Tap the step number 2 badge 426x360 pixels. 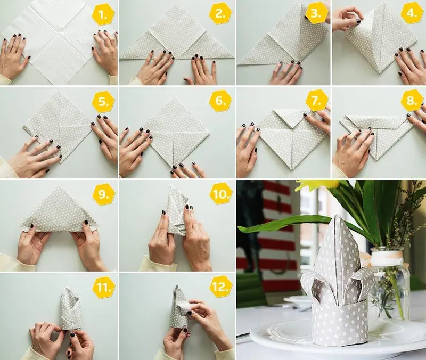[220, 13]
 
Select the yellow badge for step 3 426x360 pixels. [316, 13]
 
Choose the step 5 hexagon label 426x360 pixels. [103, 102]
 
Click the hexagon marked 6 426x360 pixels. [220, 101]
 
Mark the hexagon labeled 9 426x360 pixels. [103, 194]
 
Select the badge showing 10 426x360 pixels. [221, 193]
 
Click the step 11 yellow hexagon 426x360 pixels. [103, 287]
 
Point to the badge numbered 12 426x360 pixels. [221, 286]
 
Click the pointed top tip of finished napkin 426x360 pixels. [337, 215]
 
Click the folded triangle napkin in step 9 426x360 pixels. [59, 210]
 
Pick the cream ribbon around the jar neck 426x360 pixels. [387, 257]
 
